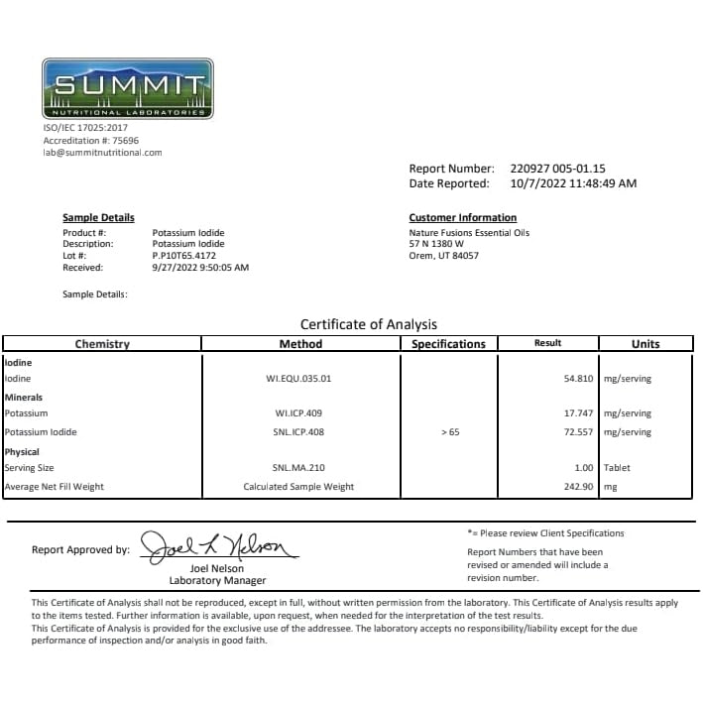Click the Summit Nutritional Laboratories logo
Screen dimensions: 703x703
coord(127,88)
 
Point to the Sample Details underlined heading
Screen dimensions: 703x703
coord(98,218)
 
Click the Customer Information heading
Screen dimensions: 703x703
coord(462,218)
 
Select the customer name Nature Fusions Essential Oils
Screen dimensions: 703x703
coord(469,232)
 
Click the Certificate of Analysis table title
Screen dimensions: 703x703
coord(368,324)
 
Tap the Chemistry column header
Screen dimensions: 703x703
coord(102,344)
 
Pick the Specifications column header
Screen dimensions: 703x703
coord(448,344)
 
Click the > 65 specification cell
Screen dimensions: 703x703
coord(449,432)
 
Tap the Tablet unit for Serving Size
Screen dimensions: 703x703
coord(618,467)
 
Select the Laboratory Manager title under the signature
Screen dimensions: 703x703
coord(217,581)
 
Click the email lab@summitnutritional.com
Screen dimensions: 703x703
coord(102,153)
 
